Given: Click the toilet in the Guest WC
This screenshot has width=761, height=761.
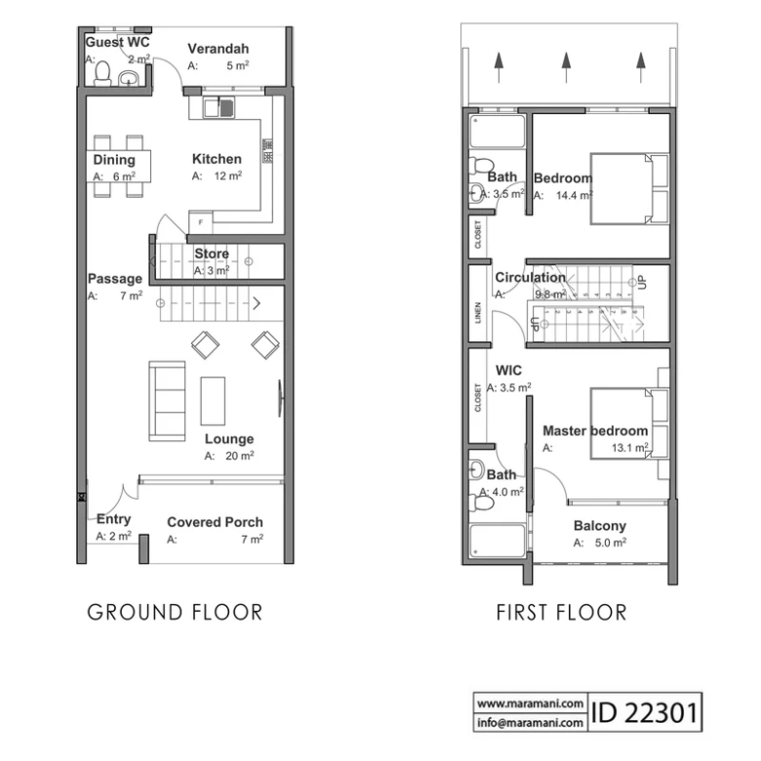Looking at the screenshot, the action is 102,74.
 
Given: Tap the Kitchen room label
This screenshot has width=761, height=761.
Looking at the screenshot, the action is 217,159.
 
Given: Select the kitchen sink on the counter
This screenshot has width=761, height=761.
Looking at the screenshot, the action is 219,107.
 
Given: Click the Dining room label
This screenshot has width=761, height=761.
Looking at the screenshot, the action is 114,160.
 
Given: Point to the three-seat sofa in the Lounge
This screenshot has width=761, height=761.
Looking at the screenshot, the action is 167,401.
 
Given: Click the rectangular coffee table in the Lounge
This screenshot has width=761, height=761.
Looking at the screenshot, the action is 213,401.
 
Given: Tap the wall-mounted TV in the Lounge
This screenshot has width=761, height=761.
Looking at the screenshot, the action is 281,398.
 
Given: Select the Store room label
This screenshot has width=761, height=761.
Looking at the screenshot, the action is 212,254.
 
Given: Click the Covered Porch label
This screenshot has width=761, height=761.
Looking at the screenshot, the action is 215,522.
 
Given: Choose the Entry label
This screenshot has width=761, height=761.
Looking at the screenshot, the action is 113,519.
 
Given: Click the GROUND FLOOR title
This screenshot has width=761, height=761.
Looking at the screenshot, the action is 175,613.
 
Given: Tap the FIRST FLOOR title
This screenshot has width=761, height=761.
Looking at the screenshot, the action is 562,613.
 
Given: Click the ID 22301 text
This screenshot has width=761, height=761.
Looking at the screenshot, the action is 645,712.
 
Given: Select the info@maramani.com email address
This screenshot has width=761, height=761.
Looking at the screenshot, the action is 530,723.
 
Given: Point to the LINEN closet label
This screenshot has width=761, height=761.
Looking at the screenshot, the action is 478,312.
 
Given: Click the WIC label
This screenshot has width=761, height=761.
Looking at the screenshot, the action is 508,371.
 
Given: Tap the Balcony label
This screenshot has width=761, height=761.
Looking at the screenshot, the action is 600,526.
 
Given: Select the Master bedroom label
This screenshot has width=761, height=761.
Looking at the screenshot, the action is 595,431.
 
